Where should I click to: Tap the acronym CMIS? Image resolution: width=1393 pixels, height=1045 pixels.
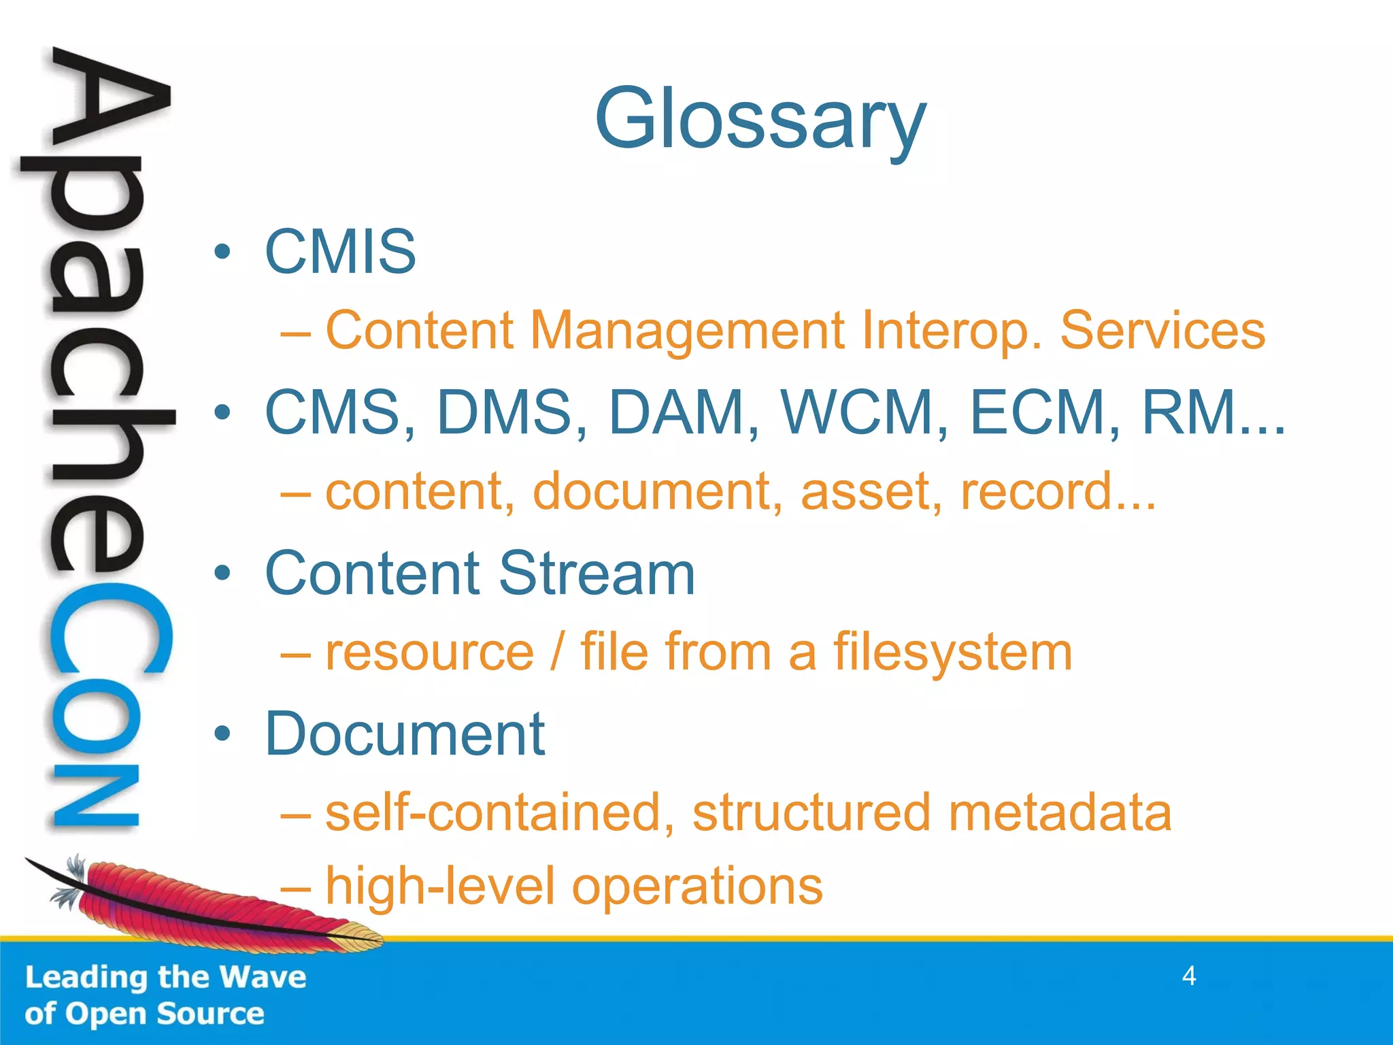coord(340,252)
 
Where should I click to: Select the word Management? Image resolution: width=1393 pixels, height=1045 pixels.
coord(687,331)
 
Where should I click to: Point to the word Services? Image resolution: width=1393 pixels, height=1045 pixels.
coord(1162,331)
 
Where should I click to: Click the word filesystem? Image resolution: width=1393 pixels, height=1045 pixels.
coord(953,652)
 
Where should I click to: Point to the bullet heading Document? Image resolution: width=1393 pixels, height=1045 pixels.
coord(405,734)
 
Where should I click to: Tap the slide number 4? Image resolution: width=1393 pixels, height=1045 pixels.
coord(1189,976)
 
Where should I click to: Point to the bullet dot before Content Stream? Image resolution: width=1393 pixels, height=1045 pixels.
coord(222,574)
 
